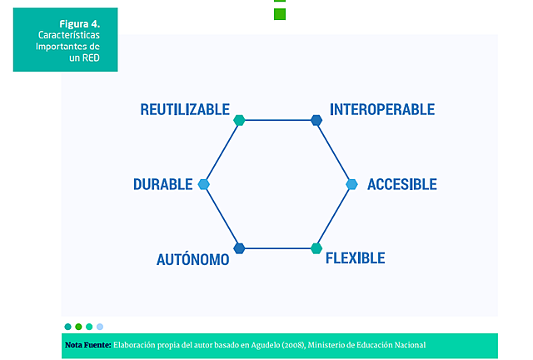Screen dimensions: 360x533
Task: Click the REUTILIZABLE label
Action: point(184,110)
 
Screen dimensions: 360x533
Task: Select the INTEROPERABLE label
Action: point(381,110)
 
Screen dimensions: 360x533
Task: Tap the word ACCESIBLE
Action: point(401,184)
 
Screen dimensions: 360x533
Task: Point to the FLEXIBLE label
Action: point(355,258)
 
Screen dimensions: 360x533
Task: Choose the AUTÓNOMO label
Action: point(192,259)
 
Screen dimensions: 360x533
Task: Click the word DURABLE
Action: point(163,184)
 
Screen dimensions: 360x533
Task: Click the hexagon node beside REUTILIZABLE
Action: point(239,120)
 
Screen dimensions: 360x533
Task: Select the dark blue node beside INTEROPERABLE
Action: point(316,120)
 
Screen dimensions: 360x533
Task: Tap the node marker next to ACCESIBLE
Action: point(351,184)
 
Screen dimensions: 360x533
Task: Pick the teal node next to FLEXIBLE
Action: point(316,248)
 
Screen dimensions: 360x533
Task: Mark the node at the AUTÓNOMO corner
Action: point(239,248)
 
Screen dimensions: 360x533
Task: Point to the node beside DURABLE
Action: point(203,184)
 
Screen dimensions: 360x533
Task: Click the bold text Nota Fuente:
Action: point(87,345)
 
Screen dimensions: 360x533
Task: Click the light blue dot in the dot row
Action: point(100,327)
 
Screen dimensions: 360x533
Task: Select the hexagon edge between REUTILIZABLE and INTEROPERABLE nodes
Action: point(277,120)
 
